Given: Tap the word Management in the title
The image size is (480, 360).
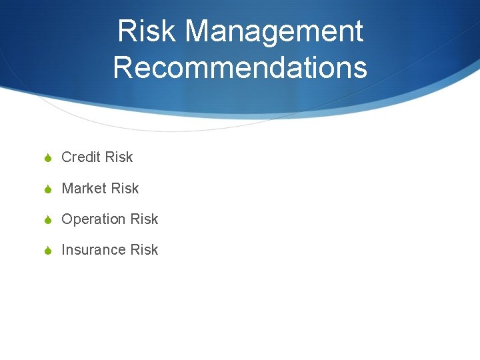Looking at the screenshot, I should (x=275, y=32).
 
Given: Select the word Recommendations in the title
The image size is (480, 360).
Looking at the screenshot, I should (x=240, y=67).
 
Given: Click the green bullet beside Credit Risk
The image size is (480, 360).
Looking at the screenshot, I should (x=48, y=158).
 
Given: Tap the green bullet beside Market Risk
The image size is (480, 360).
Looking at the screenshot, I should (x=48, y=189).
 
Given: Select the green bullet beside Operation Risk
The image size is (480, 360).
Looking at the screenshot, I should (x=48, y=220).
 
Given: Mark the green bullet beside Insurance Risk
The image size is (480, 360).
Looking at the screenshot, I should (x=48, y=251).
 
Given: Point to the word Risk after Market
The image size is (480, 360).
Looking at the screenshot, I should (x=125, y=189).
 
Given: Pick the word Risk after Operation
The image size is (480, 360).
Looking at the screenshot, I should (x=145, y=219).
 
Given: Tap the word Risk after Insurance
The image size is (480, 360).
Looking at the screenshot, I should (x=145, y=250).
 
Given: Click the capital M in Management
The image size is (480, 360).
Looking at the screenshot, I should (x=198, y=32).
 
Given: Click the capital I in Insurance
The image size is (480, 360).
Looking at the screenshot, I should (x=63, y=250).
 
